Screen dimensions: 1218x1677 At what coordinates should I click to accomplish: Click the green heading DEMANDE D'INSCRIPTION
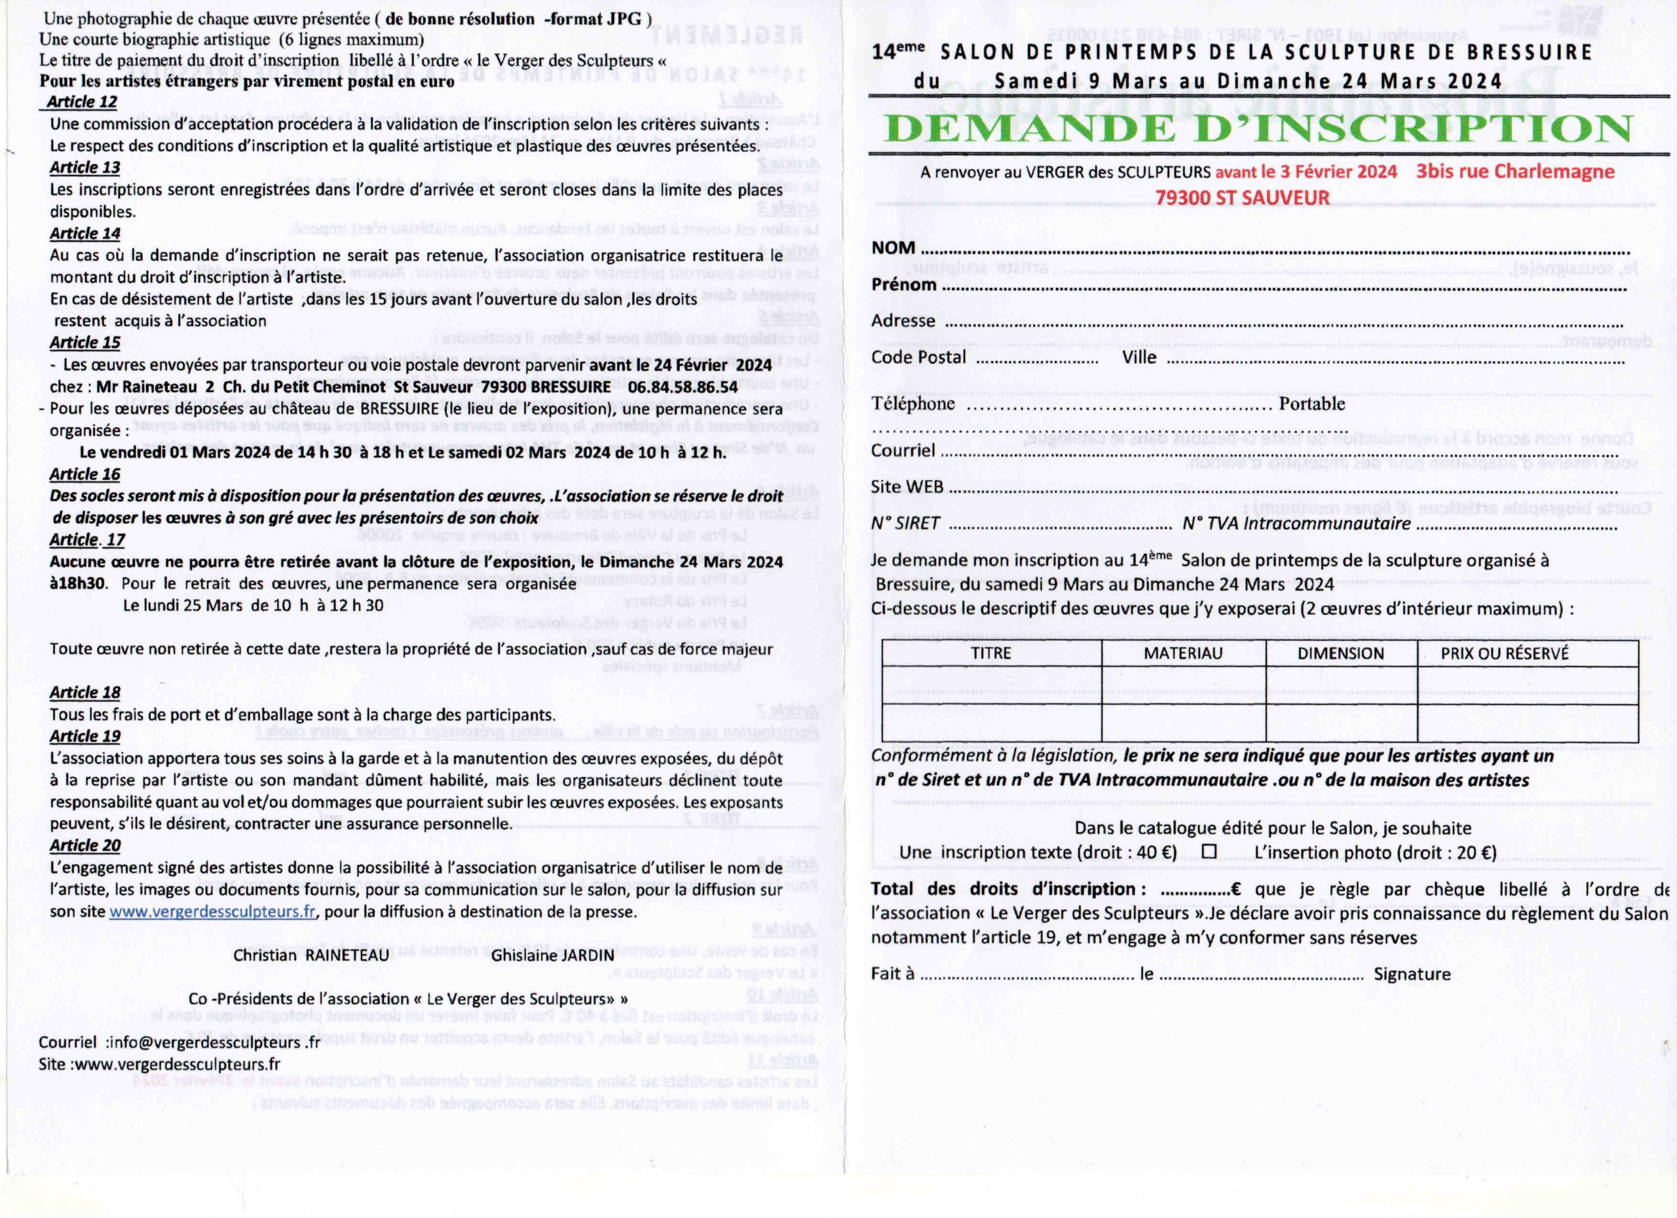pyautogui.click(x=1257, y=130)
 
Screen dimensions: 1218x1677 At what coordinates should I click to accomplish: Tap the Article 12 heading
pyautogui.click(x=81, y=102)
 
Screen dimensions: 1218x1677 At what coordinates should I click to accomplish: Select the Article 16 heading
pyautogui.click(x=85, y=475)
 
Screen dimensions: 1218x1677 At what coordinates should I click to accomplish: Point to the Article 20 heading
pyautogui.click(x=85, y=845)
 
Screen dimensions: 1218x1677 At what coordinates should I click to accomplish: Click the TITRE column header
pyautogui.click(x=991, y=654)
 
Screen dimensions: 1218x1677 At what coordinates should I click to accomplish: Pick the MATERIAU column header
pyautogui.click(x=1183, y=654)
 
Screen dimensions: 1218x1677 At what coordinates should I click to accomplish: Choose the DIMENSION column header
pyautogui.click(x=1340, y=654)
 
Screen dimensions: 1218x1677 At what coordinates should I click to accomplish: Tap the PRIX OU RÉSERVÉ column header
pyautogui.click(x=1504, y=654)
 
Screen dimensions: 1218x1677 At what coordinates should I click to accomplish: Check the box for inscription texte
pyautogui.click(x=1209, y=851)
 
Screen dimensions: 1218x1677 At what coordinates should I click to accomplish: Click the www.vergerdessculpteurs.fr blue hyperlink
pyautogui.click(x=213, y=912)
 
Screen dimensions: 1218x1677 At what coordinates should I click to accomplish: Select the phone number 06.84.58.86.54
pyautogui.click(x=683, y=387)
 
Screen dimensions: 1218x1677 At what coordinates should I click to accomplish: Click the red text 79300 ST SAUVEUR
pyautogui.click(x=1242, y=198)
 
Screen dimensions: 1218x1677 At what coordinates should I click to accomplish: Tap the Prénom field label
pyautogui.click(x=903, y=285)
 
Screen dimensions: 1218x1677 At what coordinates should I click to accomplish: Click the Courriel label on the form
pyautogui.click(x=903, y=450)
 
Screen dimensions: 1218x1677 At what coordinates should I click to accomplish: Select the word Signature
pyautogui.click(x=1412, y=974)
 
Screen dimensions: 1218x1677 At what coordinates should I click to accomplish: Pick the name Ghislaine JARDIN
pyautogui.click(x=552, y=955)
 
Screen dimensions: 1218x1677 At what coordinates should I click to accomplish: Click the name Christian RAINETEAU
pyautogui.click(x=311, y=955)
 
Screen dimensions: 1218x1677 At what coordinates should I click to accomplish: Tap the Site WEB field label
pyautogui.click(x=907, y=487)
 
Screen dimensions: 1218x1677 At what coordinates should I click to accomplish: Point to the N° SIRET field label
pyautogui.click(x=905, y=523)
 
